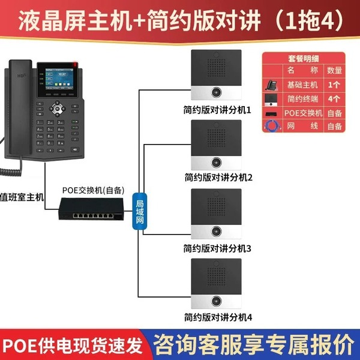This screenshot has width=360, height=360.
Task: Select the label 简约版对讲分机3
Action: tap(217, 248)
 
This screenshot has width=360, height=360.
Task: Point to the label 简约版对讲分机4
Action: tap(217, 317)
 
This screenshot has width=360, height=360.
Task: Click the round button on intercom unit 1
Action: tap(215, 92)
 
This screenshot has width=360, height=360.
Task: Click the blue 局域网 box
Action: tap(139, 211)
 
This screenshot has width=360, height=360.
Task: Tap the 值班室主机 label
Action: tap(22, 196)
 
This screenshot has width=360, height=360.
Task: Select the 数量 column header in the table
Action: tap(334, 71)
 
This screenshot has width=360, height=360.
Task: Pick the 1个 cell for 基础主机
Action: tap(334, 85)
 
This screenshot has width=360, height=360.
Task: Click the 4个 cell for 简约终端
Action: tap(334, 98)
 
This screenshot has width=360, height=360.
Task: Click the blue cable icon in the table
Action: tap(271, 126)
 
